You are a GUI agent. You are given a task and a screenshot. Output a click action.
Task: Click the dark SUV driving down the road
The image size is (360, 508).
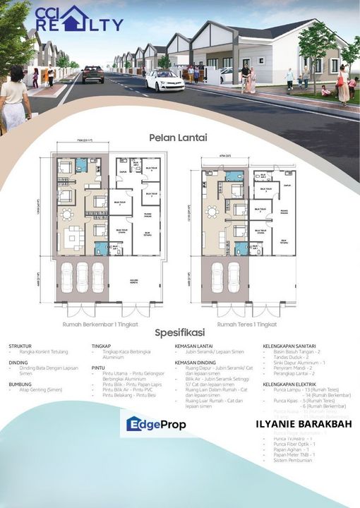[x=92, y=74]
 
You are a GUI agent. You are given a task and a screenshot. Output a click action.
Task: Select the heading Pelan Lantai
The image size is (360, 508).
[x=178, y=138]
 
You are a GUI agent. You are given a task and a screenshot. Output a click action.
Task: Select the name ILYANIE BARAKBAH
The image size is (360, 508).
[x=299, y=425]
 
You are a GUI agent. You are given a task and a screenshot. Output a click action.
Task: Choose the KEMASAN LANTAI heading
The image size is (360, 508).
[x=195, y=346]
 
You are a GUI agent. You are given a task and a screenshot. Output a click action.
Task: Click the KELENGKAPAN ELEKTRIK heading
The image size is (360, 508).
[x=289, y=385]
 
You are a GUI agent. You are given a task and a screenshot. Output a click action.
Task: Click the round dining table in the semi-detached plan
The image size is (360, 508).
[x=66, y=214]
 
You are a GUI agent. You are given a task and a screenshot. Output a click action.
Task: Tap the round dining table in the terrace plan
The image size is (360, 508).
[x=211, y=210]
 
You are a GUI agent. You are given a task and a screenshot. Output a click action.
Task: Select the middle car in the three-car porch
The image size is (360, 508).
[x=82, y=278]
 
